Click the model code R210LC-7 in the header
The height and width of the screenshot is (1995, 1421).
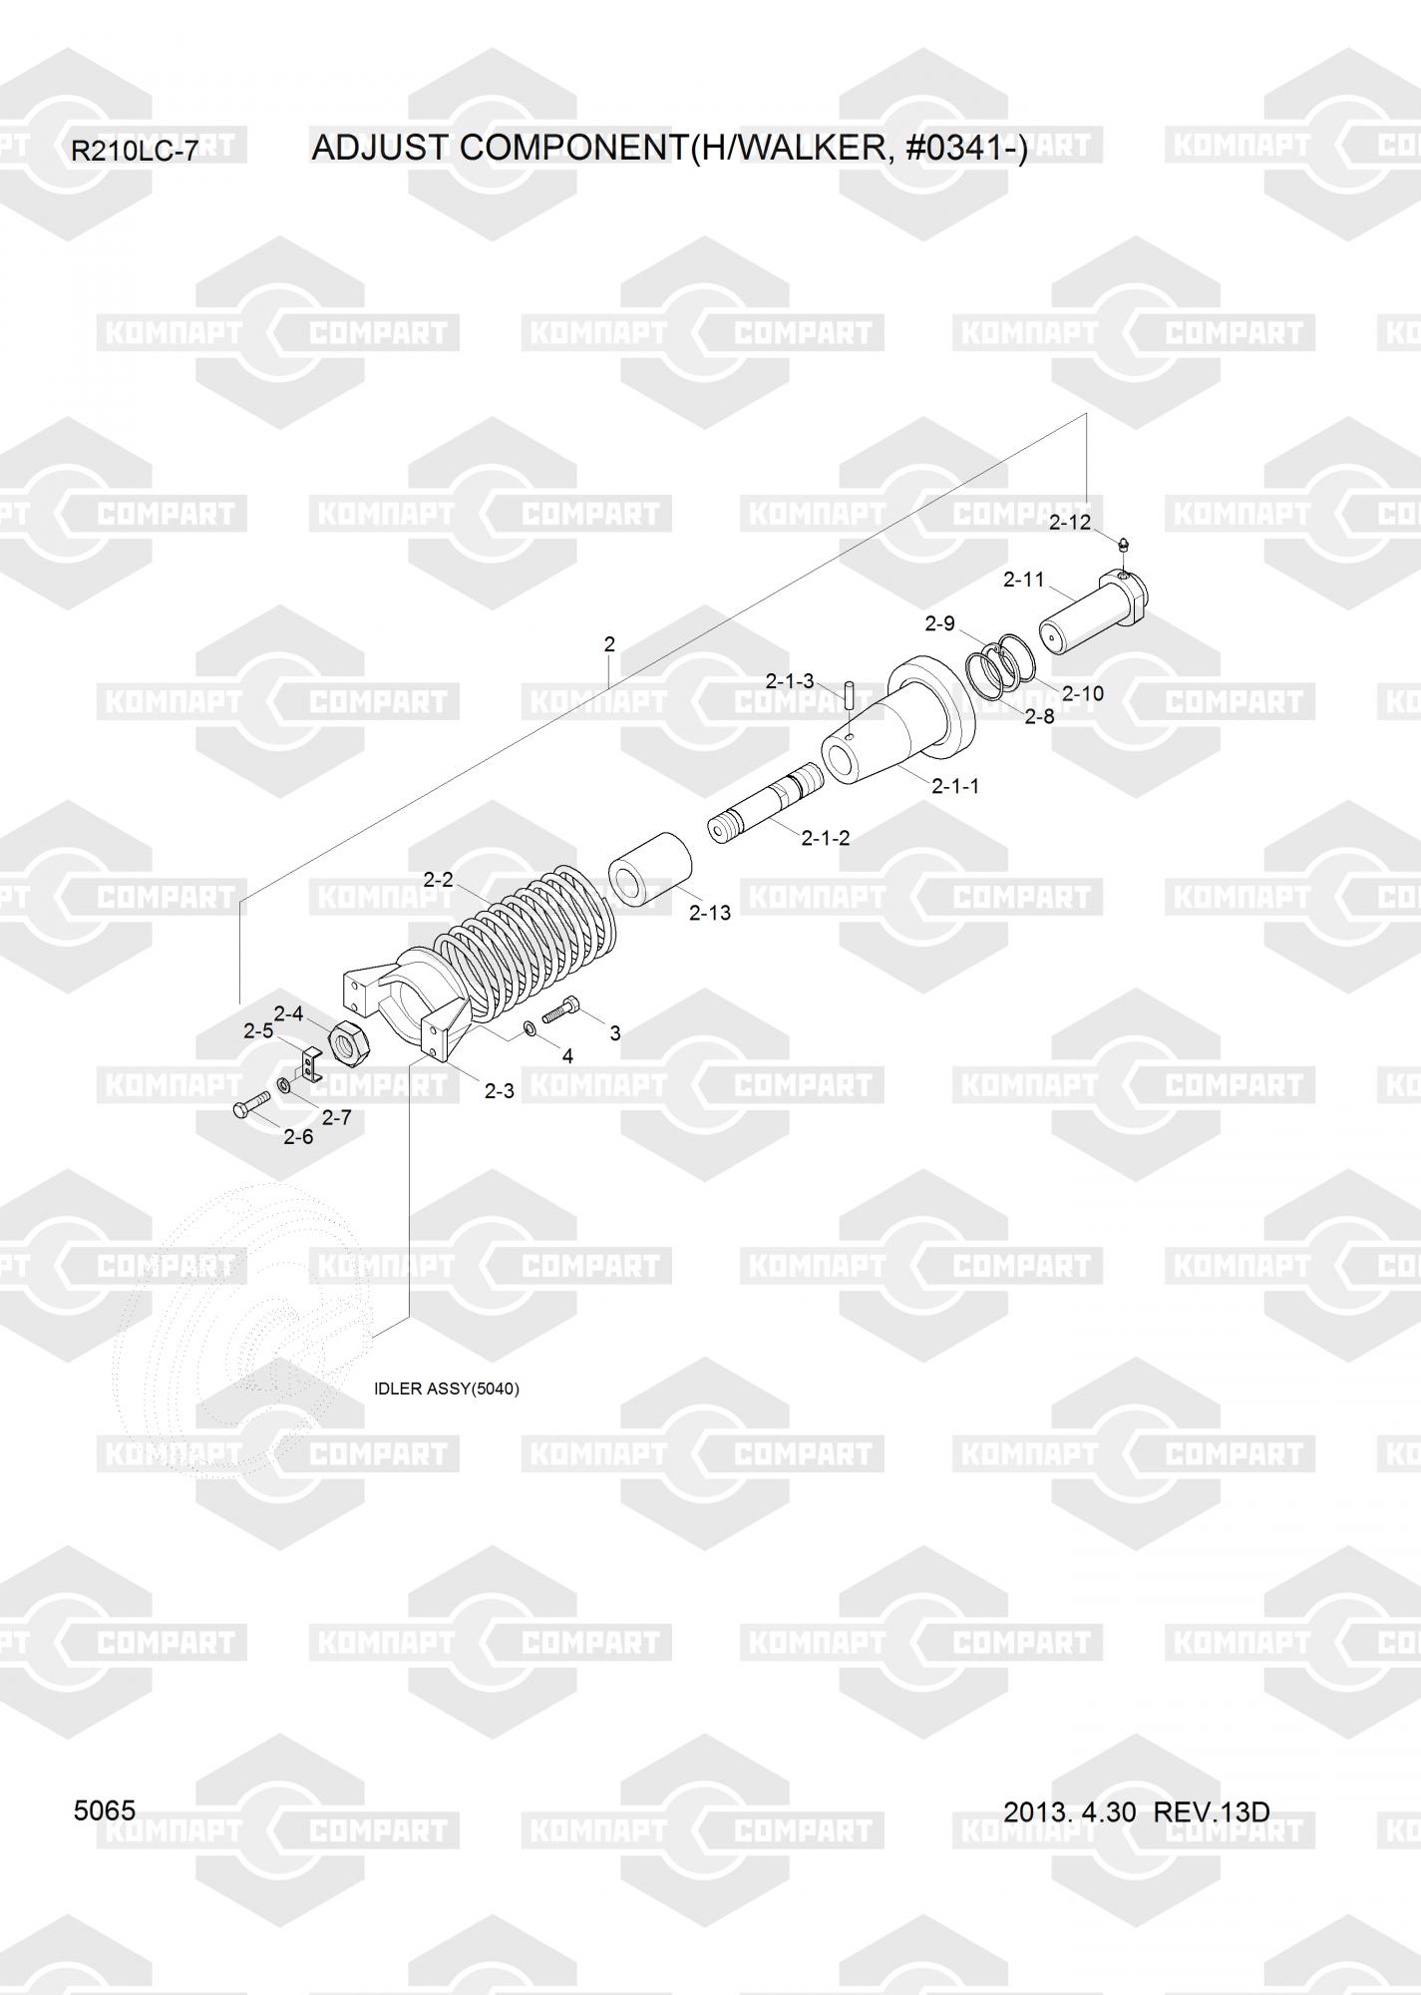(135, 151)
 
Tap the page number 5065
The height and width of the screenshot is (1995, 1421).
(105, 1810)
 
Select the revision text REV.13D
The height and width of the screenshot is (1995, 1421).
(1211, 1811)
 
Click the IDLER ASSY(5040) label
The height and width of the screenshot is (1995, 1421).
(446, 1389)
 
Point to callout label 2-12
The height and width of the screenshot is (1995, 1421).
(1070, 522)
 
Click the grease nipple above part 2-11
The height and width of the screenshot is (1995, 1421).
(1124, 545)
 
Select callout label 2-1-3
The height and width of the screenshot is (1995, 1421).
(790, 681)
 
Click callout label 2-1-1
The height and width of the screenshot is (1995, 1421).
(955, 786)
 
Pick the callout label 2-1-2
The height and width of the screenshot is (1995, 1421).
(826, 838)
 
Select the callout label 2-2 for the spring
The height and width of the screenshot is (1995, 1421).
(438, 879)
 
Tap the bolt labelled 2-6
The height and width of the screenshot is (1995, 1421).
(250, 1104)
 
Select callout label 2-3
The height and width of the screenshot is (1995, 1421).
(499, 1091)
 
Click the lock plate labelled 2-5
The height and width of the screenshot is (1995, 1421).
(310, 1063)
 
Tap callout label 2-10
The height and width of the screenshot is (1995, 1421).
(1082, 693)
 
